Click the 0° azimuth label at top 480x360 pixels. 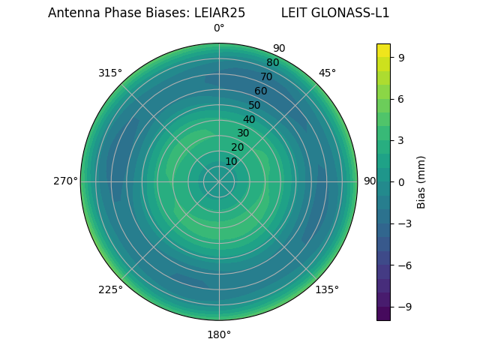[x=219, y=28]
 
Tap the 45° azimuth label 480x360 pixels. [x=327, y=73]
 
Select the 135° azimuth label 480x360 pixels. [x=327, y=289]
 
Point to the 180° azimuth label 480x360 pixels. [x=219, y=334]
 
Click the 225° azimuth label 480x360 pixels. [x=110, y=289]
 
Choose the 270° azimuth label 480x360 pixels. [x=65, y=181]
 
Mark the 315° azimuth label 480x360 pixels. [x=110, y=73]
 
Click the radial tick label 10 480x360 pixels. [x=231, y=161]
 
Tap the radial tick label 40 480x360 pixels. [x=249, y=119]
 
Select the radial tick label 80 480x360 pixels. [x=272, y=62]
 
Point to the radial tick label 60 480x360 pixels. [x=260, y=91]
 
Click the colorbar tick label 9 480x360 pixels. [x=401, y=55]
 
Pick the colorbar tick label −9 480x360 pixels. [x=404, y=307]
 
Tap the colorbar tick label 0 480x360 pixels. [x=401, y=181]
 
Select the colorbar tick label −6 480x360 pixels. [x=404, y=265]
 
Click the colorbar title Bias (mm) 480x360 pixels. [x=421, y=181]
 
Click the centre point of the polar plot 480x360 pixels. [x=219, y=181]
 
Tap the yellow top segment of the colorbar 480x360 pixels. [x=383, y=49]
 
